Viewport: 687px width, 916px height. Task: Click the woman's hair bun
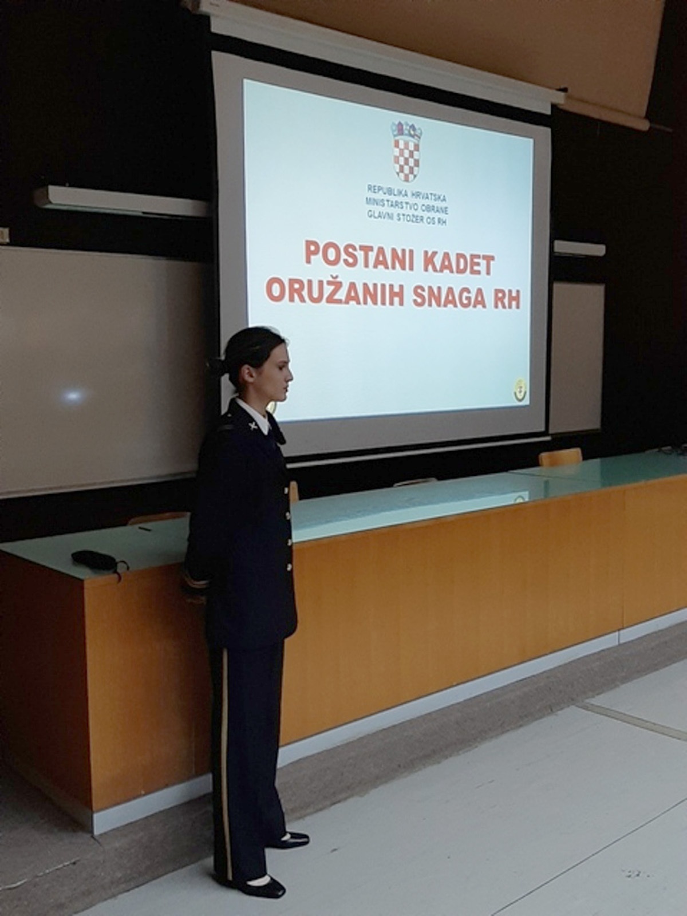[x=216, y=365]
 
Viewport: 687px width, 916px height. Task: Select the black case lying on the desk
[x=94, y=559]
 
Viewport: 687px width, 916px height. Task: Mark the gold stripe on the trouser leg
[x=225, y=744]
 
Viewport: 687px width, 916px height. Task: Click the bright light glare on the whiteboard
[x=72, y=394]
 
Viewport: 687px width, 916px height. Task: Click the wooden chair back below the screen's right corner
[x=560, y=457]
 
